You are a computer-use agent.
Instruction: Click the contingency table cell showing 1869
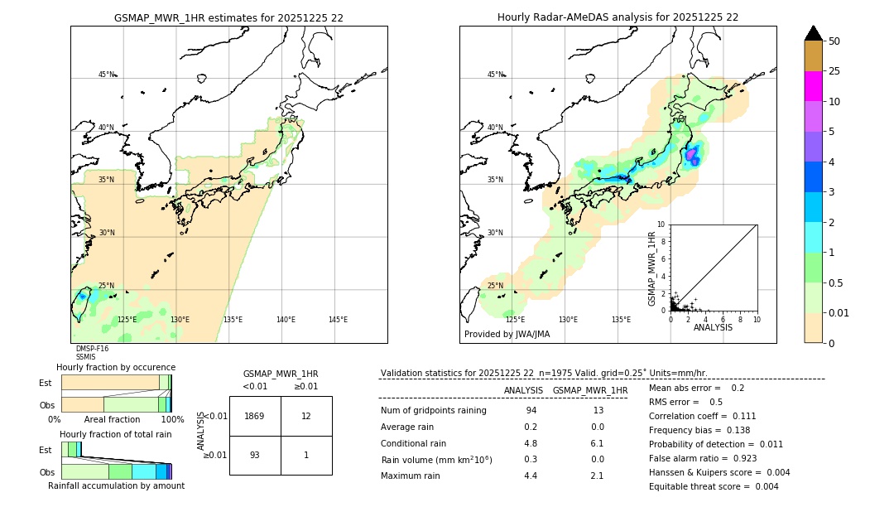pos(255,416)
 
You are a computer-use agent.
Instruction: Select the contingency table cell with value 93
pos(255,456)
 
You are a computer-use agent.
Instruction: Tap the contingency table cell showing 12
pos(306,416)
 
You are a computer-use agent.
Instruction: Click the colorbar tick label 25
pos(834,71)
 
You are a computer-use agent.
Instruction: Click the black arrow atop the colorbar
pos(814,33)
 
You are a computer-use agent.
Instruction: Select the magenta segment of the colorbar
pos(814,86)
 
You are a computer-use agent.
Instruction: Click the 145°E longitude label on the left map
pos(338,320)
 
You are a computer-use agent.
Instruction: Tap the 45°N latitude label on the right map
pos(495,75)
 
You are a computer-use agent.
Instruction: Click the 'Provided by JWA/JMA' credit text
pos(507,335)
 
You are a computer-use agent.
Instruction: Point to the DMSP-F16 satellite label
pos(92,349)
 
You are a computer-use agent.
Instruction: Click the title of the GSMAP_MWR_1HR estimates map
pos(228,17)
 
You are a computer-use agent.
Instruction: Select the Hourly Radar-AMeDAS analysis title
pos(618,17)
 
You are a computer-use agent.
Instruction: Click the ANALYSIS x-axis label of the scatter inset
pos(713,327)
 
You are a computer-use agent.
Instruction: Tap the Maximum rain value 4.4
pos(531,476)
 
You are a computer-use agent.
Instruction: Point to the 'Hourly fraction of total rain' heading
pos(116,434)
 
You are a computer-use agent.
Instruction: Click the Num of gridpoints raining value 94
pos(531,411)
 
